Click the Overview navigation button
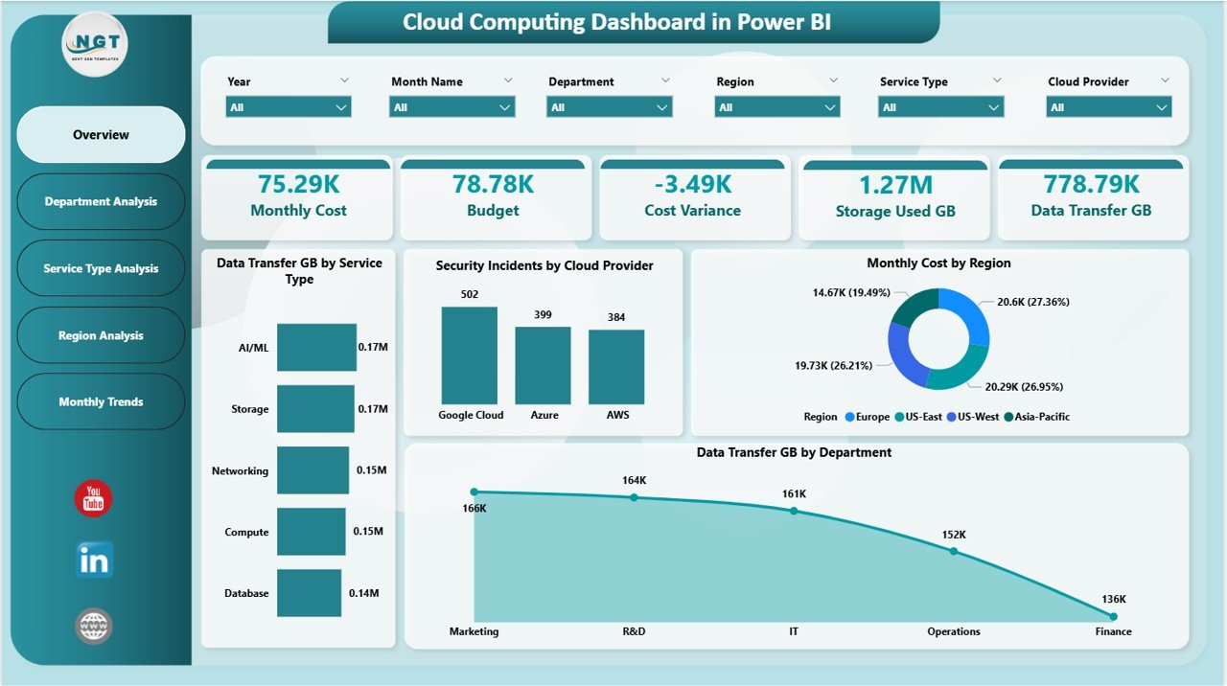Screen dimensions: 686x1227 pyautogui.click(x=101, y=135)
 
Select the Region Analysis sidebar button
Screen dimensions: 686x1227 pyautogui.click(x=101, y=335)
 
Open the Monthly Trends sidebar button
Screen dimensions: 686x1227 pyautogui.click(x=101, y=401)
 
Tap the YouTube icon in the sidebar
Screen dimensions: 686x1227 pyautogui.click(x=93, y=499)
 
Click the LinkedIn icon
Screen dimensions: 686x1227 pyautogui.click(x=94, y=560)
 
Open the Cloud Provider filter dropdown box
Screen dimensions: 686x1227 pyautogui.click(x=1108, y=107)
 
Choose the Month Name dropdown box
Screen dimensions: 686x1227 pyautogui.click(x=451, y=107)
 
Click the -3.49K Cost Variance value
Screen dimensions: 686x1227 pyautogui.click(x=692, y=184)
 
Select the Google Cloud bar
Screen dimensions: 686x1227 pyautogui.click(x=470, y=355)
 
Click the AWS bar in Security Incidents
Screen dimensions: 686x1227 pyautogui.click(x=616, y=367)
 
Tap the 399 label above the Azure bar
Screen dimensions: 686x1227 pyautogui.click(x=543, y=314)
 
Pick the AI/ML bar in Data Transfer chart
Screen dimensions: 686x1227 pyautogui.click(x=316, y=347)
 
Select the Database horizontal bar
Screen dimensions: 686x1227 pyautogui.click(x=309, y=593)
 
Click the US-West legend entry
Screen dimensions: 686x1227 pyautogui.click(x=973, y=417)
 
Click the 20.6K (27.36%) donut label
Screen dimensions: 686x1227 pyautogui.click(x=1032, y=302)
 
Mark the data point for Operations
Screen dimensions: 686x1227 pyautogui.click(x=953, y=551)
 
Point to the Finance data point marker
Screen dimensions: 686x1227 pyautogui.click(x=1113, y=616)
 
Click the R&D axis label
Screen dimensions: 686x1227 pyautogui.click(x=634, y=631)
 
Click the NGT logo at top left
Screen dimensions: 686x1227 pyautogui.click(x=94, y=43)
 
